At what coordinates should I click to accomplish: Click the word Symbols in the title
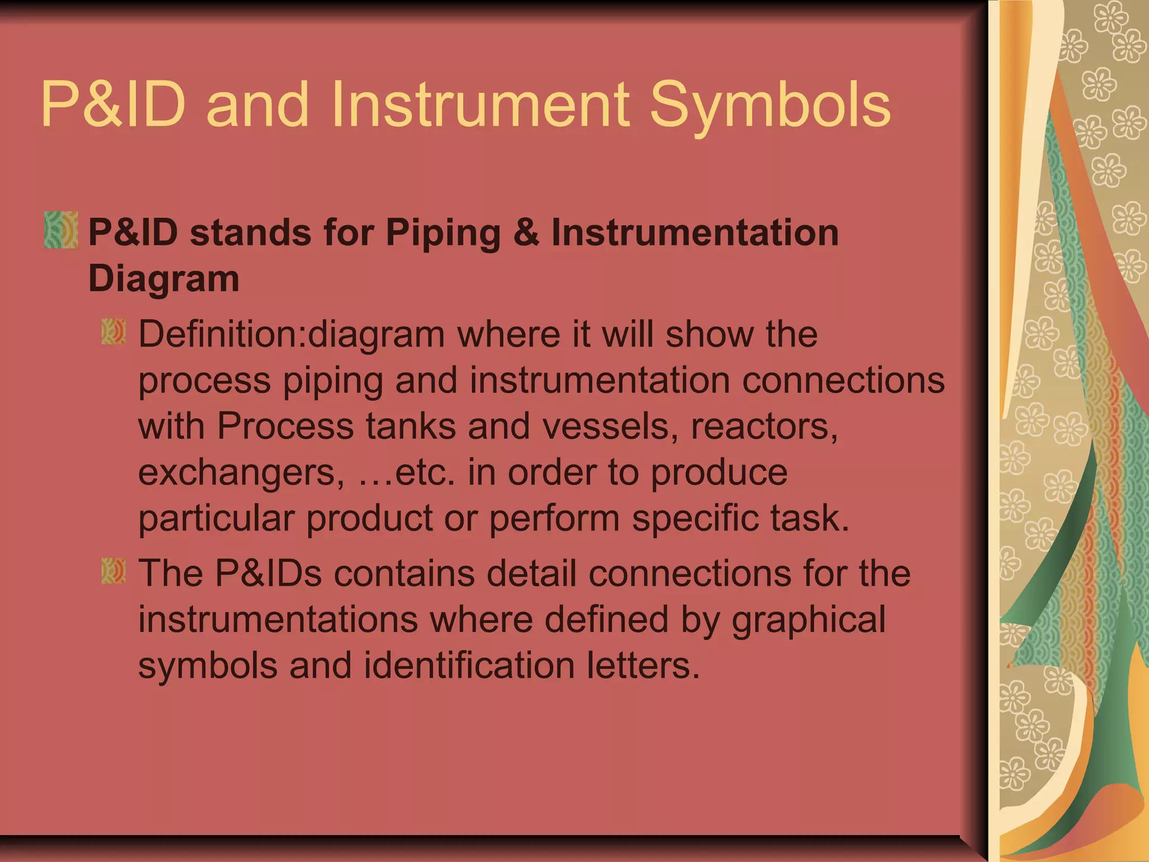[770, 106]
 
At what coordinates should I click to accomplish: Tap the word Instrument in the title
[480, 104]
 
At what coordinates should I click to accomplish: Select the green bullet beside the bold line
[61, 230]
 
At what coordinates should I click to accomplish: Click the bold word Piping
[443, 233]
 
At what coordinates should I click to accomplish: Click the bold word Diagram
[164, 278]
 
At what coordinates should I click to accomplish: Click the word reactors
[764, 426]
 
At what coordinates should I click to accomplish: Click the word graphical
[808, 620]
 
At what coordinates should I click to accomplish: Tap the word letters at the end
[644, 665]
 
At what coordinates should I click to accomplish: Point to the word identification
[469, 665]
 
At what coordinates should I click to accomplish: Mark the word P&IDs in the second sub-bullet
[269, 573]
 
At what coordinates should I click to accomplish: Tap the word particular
[216, 518]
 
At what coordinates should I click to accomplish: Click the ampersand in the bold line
[526, 232]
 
